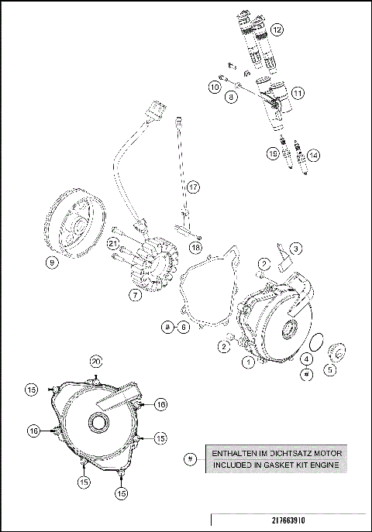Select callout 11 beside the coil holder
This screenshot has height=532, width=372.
tap(297, 92)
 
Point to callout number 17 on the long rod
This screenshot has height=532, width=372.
tap(193, 187)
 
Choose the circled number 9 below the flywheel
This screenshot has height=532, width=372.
tap(52, 263)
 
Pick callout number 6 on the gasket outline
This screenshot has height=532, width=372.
tap(184, 328)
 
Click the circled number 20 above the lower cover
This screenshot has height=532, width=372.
tap(96, 361)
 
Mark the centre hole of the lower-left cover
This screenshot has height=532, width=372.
tap(98, 422)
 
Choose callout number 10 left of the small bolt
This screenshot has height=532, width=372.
tap(215, 88)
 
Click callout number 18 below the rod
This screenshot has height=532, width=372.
tap(195, 247)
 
